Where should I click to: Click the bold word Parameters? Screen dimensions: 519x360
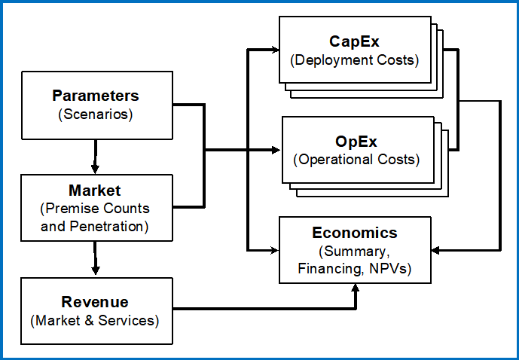(96, 96)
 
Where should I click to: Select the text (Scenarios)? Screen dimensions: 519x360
(96, 114)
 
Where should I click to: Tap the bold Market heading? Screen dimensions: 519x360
(95, 191)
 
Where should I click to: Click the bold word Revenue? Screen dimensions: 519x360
(95, 302)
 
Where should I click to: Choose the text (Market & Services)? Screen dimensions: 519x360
(95, 321)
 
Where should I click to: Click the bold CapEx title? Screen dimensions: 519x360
(354, 41)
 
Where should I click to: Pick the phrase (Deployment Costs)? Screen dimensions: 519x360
(355, 60)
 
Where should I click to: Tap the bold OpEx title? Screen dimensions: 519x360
(356, 142)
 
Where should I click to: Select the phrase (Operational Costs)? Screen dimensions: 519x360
(356, 160)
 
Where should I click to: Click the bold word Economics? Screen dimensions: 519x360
(355, 233)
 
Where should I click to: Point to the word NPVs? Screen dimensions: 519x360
(388, 269)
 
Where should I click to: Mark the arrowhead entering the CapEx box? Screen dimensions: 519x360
(275, 50)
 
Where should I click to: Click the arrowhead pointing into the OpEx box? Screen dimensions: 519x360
(276, 150)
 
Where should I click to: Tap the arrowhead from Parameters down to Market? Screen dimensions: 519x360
(96, 169)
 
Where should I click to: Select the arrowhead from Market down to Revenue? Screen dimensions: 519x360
(96, 270)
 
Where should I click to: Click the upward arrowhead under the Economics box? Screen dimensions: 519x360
(355, 287)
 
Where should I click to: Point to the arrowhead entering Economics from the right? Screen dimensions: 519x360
(435, 251)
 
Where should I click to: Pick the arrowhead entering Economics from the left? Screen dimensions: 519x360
(275, 251)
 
